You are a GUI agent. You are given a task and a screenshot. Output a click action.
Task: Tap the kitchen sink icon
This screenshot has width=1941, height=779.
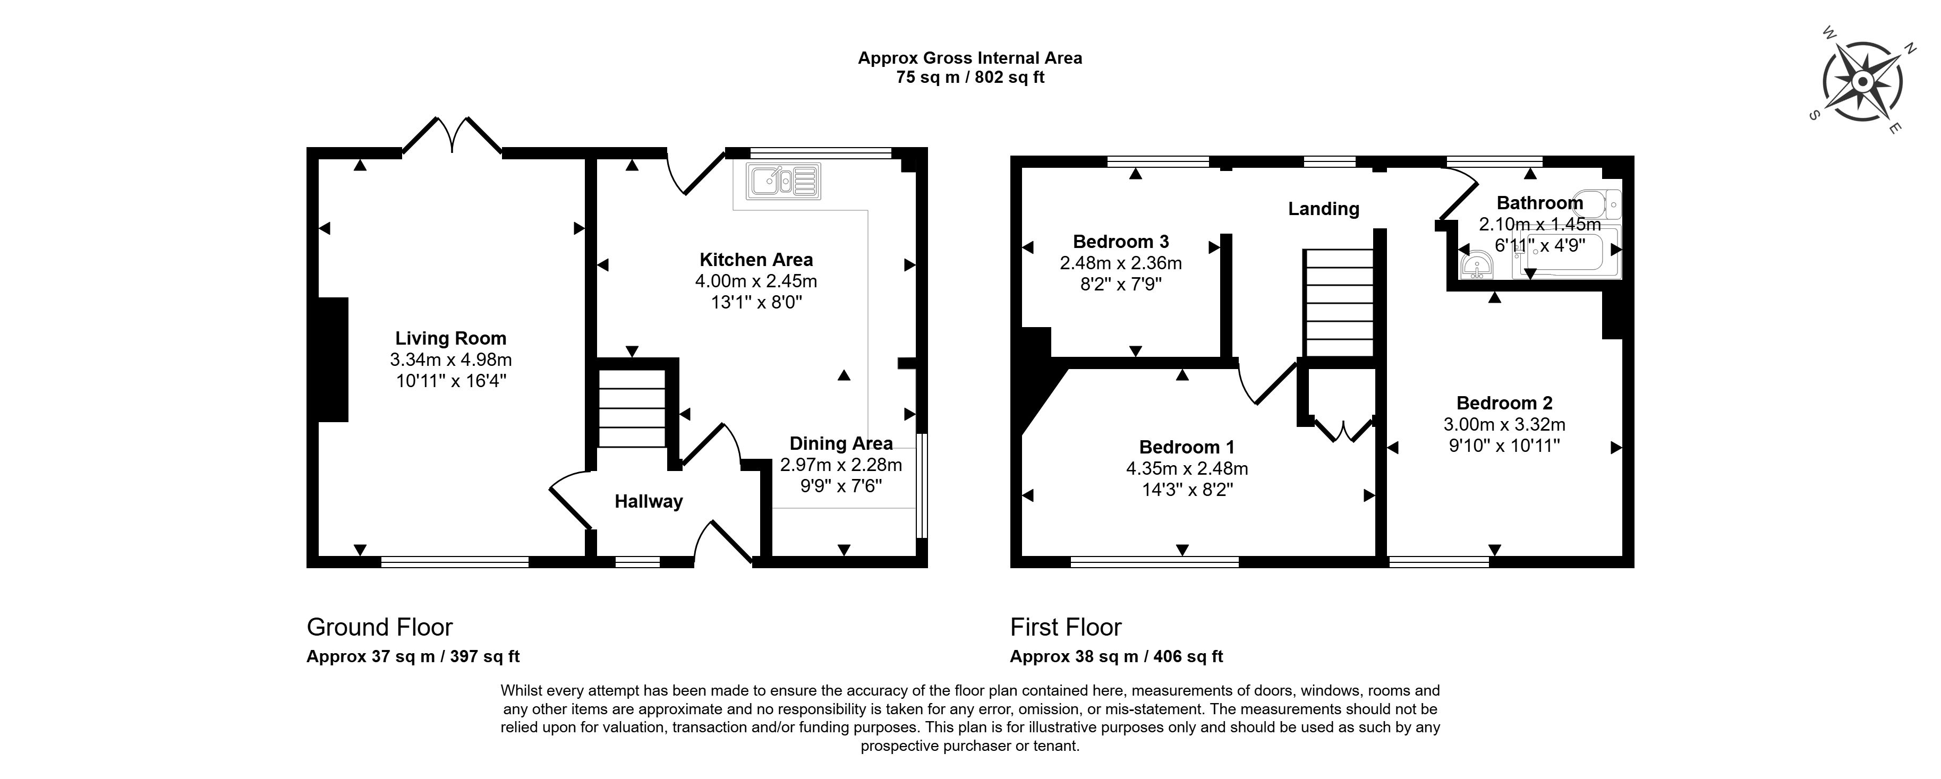(784, 181)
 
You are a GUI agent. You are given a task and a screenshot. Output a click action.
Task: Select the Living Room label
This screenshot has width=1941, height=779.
(450, 338)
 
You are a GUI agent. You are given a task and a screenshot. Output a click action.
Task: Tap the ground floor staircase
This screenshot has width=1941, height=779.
(632, 408)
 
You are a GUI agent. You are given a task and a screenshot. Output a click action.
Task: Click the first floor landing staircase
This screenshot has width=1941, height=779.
(1339, 303)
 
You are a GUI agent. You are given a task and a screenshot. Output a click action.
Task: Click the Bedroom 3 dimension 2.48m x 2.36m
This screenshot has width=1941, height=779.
(1120, 263)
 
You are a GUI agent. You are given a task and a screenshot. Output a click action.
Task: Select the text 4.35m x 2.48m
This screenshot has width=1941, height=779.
(1187, 468)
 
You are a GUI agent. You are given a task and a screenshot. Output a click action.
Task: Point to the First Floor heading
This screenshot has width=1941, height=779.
(1066, 627)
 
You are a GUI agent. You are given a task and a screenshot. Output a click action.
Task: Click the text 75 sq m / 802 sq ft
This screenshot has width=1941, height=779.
(970, 77)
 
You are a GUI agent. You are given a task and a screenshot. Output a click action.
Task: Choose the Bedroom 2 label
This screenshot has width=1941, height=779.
(1504, 403)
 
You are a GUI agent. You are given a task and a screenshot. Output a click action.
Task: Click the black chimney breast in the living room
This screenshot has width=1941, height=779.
(333, 359)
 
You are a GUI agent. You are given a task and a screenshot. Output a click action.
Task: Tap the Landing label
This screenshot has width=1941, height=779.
(1323, 209)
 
